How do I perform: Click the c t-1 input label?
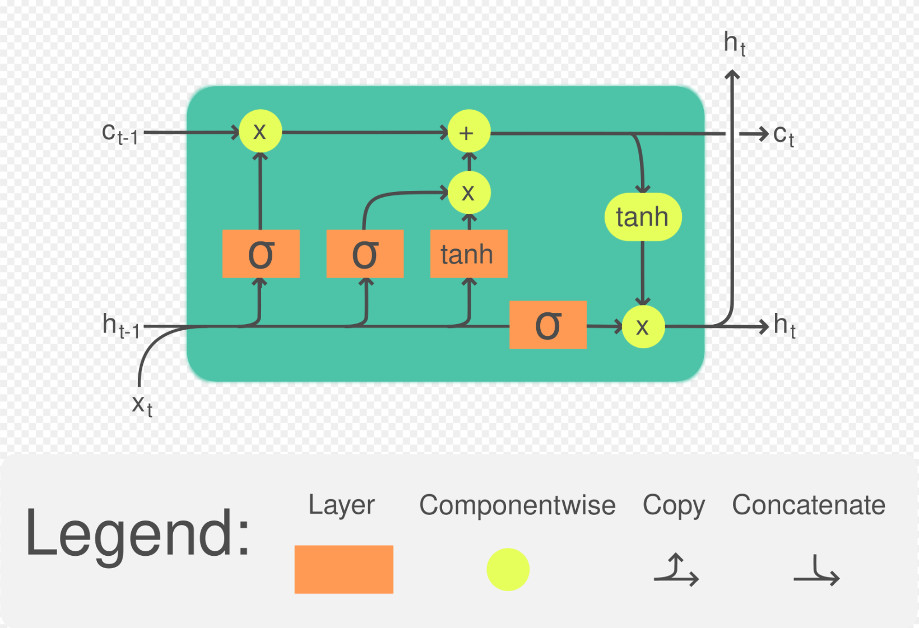click(x=119, y=134)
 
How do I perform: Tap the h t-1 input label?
click(x=120, y=326)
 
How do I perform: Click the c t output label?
click(x=783, y=135)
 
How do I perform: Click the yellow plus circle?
click(x=468, y=132)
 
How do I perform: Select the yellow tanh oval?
click(x=643, y=217)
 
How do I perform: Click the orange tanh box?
click(x=468, y=254)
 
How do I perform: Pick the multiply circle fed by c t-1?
click(x=260, y=132)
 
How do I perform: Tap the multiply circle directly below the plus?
click(x=469, y=193)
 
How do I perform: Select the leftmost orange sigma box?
click(x=261, y=254)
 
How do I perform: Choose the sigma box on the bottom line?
click(x=547, y=325)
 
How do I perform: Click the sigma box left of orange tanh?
click(x=365, y=254)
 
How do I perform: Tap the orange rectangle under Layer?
click(x=344, y=569)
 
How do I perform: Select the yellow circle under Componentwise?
click(x=508, y=570)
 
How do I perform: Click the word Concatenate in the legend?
click(x=808, y=505)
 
